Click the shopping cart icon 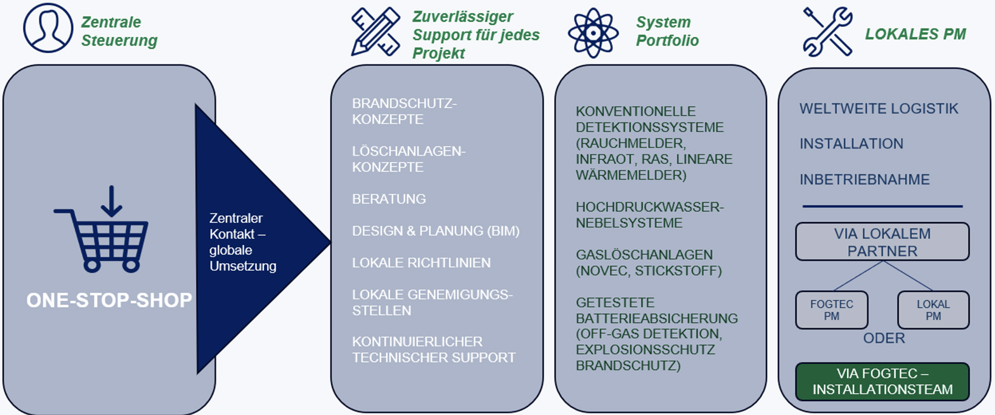[103, 231]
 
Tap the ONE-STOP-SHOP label [109, 300]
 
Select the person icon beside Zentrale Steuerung [48, 28]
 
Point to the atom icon [593, 33]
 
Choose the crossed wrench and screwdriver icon [828, 32]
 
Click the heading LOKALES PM [915, 34]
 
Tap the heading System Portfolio [667, 31]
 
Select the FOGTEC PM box [831, 310]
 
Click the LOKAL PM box [933, 310]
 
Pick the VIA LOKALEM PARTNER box [882, 242]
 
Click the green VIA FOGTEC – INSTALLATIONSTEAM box [882, 381]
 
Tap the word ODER [884, 338]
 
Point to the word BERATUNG [389, 199]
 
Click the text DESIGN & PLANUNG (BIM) [435, 231]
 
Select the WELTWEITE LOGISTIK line [878, 109]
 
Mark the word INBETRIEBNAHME [864, 180]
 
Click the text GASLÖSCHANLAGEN [644, 255]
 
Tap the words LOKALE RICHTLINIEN [421, 263]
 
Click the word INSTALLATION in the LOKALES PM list [851, 144]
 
